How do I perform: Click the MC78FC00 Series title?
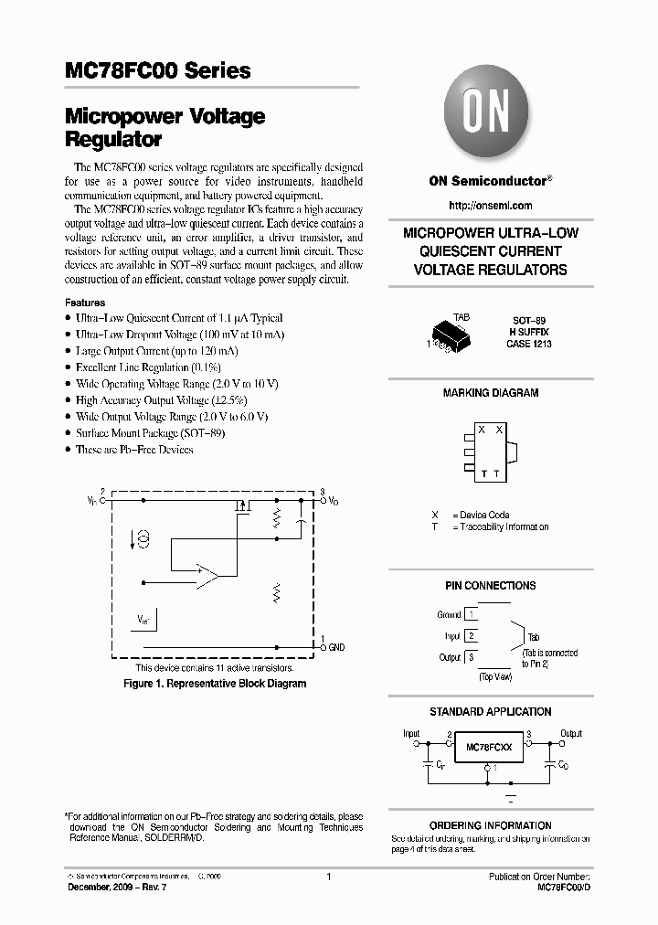157,70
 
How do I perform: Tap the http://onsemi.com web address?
491,206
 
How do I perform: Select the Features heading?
85,303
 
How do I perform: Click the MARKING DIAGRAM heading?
491,393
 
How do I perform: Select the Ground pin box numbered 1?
472,614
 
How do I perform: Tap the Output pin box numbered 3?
472,656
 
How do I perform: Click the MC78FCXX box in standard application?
489,747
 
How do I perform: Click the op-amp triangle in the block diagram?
207,575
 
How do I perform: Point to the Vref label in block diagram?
144,619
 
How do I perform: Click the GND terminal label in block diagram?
336,647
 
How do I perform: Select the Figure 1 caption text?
215,684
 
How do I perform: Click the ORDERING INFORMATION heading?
491,825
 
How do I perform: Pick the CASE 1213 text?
528,345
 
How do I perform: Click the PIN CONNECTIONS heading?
491,586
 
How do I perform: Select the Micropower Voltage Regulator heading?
164,128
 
